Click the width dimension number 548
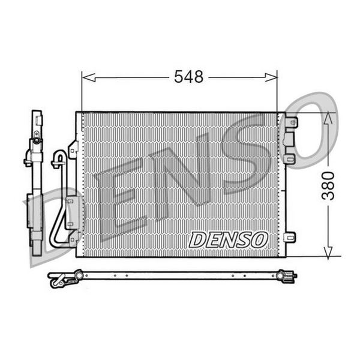click(188, 77)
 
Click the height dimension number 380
click(328, 185)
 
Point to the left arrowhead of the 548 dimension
click(89, 77)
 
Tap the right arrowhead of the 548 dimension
click(271, 77)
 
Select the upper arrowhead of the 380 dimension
click(328, 118)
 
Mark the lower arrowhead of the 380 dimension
click(328, 253)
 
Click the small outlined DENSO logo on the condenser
click(228, 239)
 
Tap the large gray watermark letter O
click(309, 130)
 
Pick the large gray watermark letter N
click(180, 177)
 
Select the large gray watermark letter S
click(245, 154)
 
